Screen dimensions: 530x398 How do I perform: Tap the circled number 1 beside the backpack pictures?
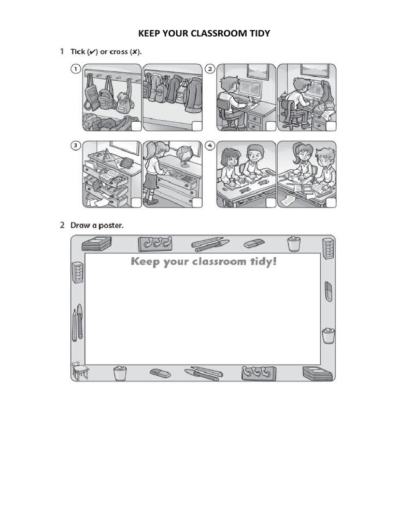tap(76, 69)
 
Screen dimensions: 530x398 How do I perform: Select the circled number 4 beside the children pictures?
tap(209, 146)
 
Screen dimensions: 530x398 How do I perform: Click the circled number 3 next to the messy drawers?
tap(76, 146)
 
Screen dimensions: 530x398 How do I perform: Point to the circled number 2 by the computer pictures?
tap(209, 69)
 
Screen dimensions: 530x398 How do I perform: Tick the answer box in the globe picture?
tap(196, 202)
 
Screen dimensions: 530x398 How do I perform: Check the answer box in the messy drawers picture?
tap(135, 202)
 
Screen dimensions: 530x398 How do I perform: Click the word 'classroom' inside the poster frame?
tap(220, 261)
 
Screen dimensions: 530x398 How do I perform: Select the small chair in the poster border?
tap(79, 370)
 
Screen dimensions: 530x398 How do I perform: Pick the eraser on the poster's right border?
tap(328, 290)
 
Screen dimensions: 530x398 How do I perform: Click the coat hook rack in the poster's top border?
tap(155, 243)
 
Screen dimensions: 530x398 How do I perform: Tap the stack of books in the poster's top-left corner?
tap(97, 243)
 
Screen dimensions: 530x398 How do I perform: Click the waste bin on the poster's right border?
tap(328, 336)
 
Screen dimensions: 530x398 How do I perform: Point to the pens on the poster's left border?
tap(77, 322)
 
